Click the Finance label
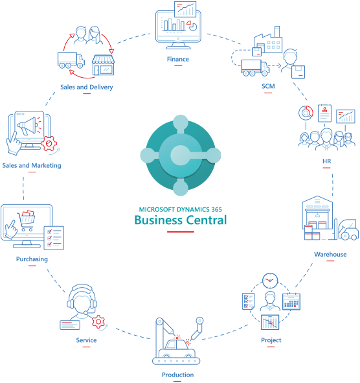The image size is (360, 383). [177, 59]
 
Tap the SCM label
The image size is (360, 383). [267, 86]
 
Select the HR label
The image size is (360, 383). [326, 160]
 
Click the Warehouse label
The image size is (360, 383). [330, 254]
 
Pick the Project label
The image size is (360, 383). [271, 340]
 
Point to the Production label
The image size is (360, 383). [177, 375]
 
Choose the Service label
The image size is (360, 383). [86, 340]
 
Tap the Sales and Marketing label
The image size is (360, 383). [32, 165]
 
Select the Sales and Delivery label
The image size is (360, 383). [86, 86]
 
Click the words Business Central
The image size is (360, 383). [181, 220]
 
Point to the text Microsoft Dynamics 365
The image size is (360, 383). [181, 209]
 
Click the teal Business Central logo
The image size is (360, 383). [180, 154]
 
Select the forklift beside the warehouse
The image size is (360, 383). [348, 228]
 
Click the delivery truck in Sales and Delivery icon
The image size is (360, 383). [71, 61]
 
